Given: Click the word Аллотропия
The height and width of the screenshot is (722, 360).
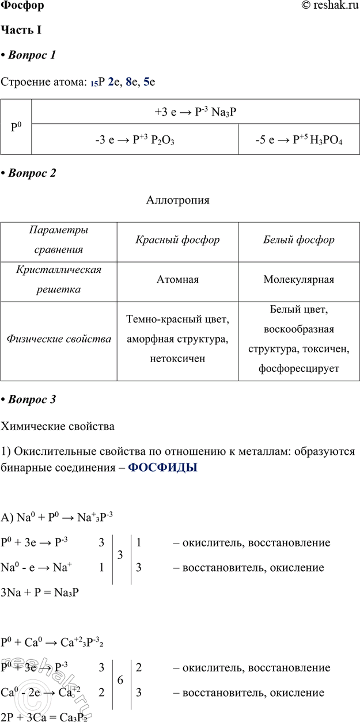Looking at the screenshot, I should (x=178, y=200).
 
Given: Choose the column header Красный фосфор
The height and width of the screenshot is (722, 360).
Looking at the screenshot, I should (x=177, y=240).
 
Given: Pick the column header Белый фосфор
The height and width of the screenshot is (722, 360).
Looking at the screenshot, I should (x=299, y=240).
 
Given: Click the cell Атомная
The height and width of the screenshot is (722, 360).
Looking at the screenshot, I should (x=177, y=280).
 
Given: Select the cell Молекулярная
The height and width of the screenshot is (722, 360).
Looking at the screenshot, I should (x=299, y=280).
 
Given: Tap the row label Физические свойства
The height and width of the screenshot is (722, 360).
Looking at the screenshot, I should (x=59, y=339).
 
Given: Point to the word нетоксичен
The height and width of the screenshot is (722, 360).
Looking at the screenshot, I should (x=177, y=359).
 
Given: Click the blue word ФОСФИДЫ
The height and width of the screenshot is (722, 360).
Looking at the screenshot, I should (x=162, y=468).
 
